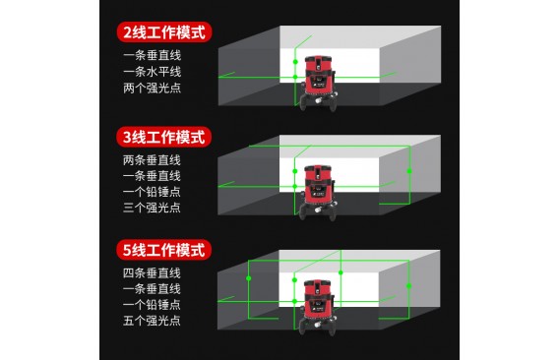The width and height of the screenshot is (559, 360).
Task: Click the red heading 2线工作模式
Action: point(164,32)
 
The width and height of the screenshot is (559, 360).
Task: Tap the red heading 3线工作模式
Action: point(164,138)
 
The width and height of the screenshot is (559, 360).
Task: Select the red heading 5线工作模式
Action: point(164,250)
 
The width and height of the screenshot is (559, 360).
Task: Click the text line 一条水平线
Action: point(153,72)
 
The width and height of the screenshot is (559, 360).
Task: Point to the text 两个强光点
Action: point(153,88)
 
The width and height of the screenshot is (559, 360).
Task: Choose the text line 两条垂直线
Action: point(152,160)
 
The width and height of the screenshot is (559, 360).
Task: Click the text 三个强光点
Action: point(152,208)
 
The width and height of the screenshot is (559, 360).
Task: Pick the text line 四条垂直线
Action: point(152,273)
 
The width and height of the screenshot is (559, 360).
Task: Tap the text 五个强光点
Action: point(152,320)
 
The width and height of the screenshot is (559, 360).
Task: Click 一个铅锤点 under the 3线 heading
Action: point(152,192)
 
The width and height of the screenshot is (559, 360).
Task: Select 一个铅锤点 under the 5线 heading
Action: point(152,304)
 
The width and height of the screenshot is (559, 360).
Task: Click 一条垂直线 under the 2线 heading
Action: point(153,55)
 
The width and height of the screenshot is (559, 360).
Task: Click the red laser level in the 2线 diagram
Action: point(318,83)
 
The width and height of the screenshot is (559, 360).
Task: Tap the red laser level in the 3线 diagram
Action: point(318,193)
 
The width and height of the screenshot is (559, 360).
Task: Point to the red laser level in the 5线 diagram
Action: point(318,307)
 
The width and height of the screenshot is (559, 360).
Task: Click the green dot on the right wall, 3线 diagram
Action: point(409,171)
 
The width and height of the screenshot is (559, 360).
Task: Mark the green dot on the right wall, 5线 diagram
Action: point(408,286)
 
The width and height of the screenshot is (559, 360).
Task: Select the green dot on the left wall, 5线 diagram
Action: point(249,278)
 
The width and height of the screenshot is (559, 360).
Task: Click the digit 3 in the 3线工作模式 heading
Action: point(127,138)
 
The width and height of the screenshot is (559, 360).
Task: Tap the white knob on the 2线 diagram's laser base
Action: point(318,101)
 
